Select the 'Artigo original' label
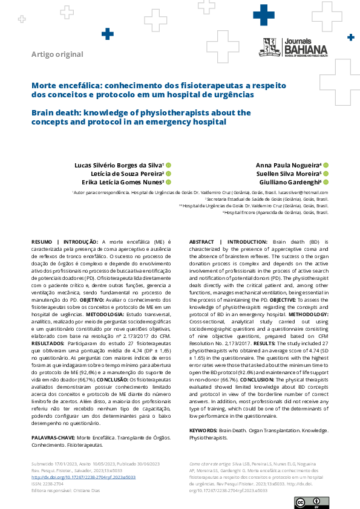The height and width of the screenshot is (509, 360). pyautogui.click(x=57, y=54)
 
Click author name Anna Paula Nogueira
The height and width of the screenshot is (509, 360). pyautogui.click(x=289, y=165)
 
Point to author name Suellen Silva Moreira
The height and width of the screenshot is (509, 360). pyautogui.click(x=287, y=173)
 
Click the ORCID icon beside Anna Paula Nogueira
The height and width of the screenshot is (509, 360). pyautogui.click(x=326, y=165)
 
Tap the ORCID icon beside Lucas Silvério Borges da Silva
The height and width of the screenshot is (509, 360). pyautogui.click(x=169, y=165)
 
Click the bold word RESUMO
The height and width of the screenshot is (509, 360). pyautogui.click(x=42, y=242)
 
